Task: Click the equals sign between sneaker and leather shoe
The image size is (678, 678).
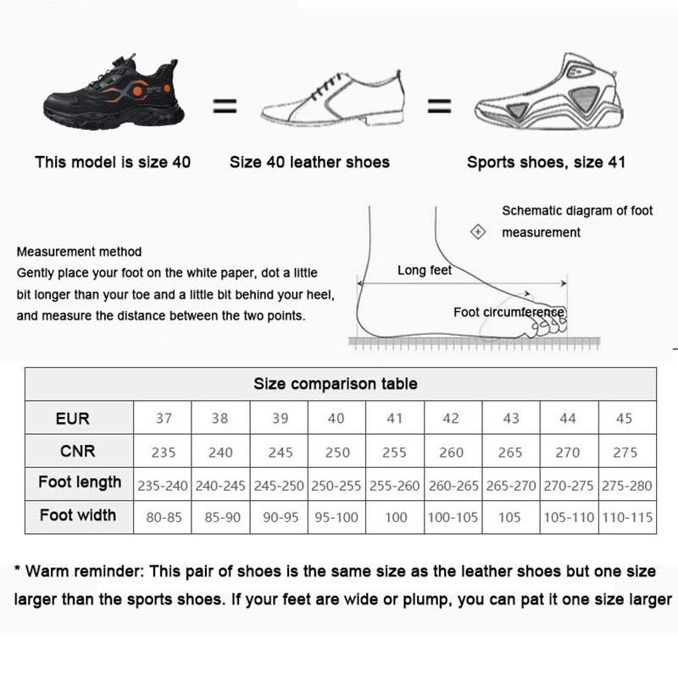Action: click(x=224, y=107)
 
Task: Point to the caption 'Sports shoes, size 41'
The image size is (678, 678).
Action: click(x=546, y=162)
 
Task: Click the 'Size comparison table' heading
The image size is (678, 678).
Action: click(x=336, y=384)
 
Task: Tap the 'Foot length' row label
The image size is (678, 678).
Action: click(x=80, y=483)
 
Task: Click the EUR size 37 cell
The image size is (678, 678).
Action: click(x=164, y=419)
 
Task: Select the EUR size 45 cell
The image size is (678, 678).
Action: click(x=628, y=419)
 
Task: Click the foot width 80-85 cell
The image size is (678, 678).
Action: click(x=164, y=517)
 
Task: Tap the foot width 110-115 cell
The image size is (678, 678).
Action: click(x=628, y=517)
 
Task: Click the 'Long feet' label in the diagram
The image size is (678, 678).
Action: click(x=425, y=270)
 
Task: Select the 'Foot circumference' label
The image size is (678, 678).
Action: click(x=508, y=312)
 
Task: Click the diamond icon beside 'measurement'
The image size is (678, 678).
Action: click(x=478, y=232)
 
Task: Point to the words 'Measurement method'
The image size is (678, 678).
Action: click(x=79, y=252)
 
